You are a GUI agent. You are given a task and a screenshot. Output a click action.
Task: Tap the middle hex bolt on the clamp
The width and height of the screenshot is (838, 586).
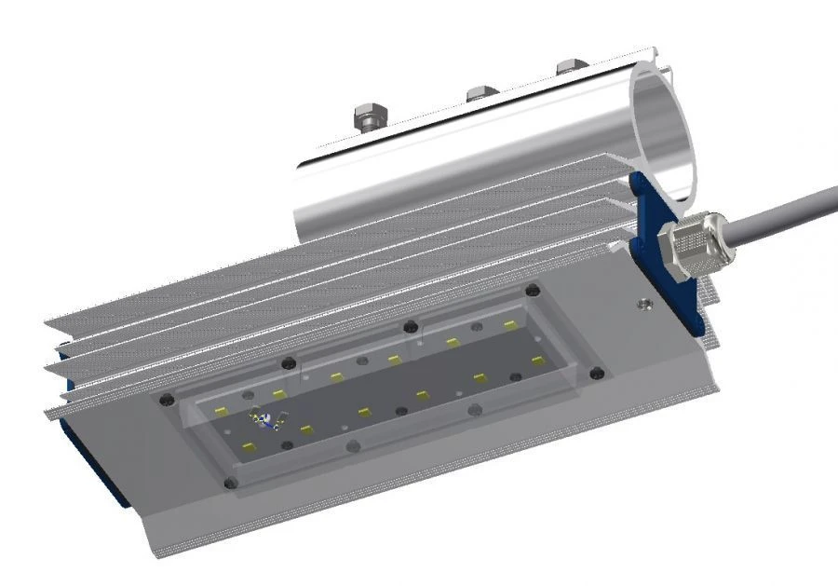tap(480, 92)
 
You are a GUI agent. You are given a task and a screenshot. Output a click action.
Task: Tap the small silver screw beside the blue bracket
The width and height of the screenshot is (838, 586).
tap(642, 302)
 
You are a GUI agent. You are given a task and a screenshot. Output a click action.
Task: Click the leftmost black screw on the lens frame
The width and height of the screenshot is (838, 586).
tap(167, 399)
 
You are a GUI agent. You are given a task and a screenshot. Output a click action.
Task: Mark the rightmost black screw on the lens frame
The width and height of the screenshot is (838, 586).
tap(597, 374)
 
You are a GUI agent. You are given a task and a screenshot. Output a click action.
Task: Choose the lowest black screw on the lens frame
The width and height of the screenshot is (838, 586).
tap(231, 483)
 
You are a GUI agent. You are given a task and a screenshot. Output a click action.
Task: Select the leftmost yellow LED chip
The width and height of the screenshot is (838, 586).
tap(221, 411)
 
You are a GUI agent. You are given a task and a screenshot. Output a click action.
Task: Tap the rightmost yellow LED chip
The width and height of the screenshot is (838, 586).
tap(537, 360)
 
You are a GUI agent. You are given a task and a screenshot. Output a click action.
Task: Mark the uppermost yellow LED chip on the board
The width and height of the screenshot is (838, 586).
tap(509, 325)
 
